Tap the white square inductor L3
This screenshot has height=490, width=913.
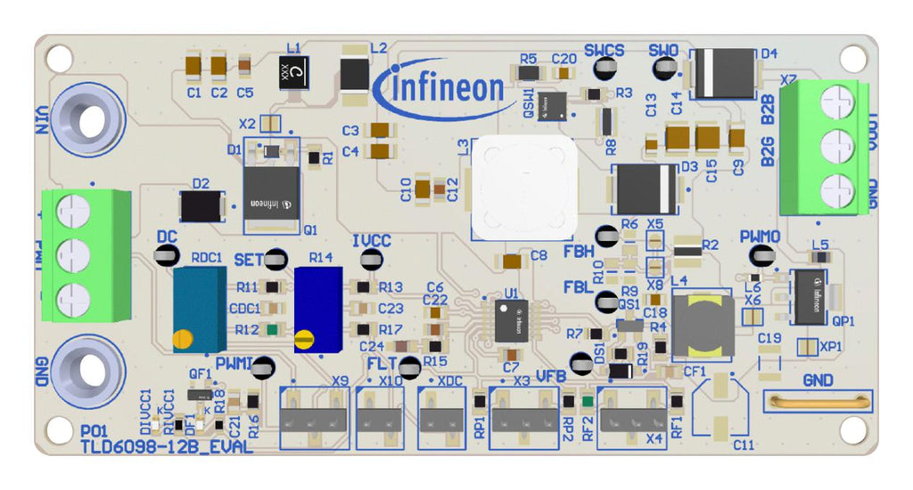[523, 187]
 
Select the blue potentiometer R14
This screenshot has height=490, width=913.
[317, 309]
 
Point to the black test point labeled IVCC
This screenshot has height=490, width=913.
[371, 260]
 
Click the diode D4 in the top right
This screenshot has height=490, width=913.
[723, 73]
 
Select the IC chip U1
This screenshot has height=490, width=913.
[511, 320]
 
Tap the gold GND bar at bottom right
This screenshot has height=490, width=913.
[818, 401]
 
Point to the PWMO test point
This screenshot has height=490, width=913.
[760, 257]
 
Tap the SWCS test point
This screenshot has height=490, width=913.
[605, 69]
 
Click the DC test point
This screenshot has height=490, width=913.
[166, 255]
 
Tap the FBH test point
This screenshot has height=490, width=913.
[607, 237]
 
